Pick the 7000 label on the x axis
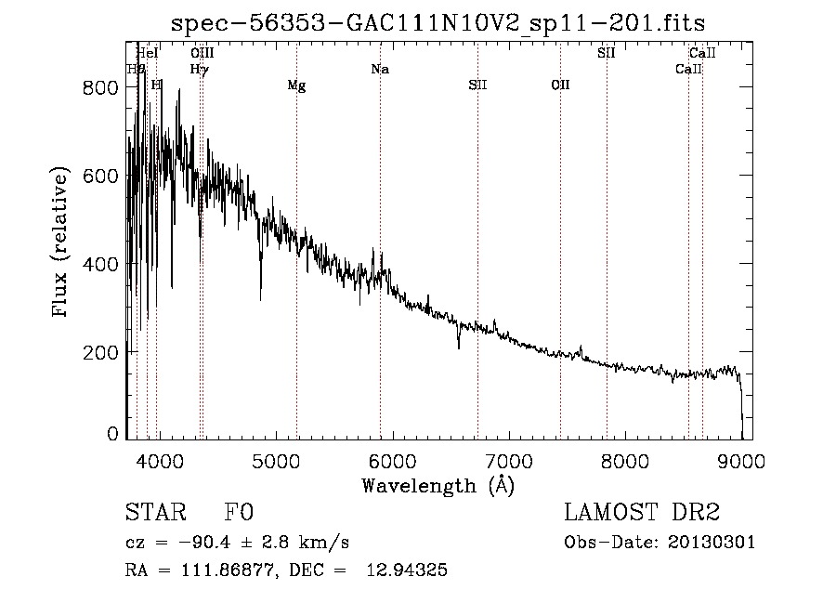508,461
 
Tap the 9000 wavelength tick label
740,461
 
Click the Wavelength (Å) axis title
438,484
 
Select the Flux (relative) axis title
62,243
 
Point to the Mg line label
296,85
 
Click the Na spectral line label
379,70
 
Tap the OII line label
560,85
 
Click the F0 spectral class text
238,514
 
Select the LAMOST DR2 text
642,514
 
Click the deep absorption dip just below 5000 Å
260,293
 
